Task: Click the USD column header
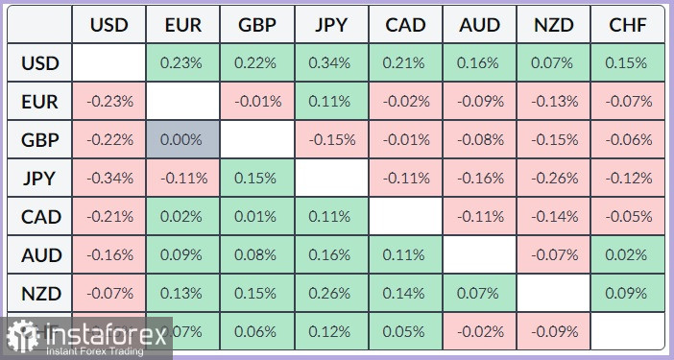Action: coord(109,26)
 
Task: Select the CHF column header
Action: coord(628,26)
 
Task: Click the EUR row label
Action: coord(39,101)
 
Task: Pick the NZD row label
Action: coord(39,293)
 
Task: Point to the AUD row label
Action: coord(39,254)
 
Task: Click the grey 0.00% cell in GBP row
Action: coord(183,139)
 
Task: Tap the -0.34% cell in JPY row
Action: coord(109,178)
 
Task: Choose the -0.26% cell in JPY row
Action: coord(554,178)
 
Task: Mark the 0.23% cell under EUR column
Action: coord(183,63)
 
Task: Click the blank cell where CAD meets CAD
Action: coord(405,216)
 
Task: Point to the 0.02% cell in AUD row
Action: coord(628,254)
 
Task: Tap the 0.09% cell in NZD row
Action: coord(628,293)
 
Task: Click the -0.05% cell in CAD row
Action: coord(628,216)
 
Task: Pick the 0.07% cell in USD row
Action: coord(554,63)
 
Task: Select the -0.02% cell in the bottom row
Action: coord(479,331)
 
